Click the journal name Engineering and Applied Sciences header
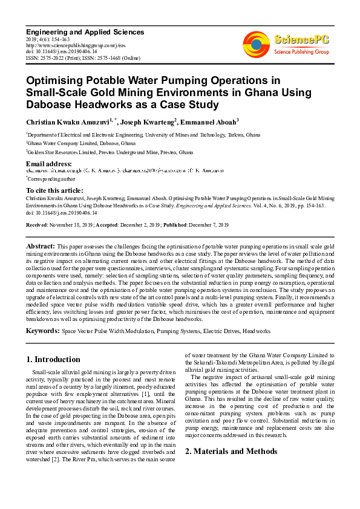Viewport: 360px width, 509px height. (x=85, y=31)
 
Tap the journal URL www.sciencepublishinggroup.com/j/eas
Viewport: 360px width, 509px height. (x=67, y=45)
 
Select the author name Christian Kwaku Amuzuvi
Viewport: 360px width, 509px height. (x=67, y=122)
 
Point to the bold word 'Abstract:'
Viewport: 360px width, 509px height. (x=40, y=247)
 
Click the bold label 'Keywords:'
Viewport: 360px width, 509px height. (x=42, y=331)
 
